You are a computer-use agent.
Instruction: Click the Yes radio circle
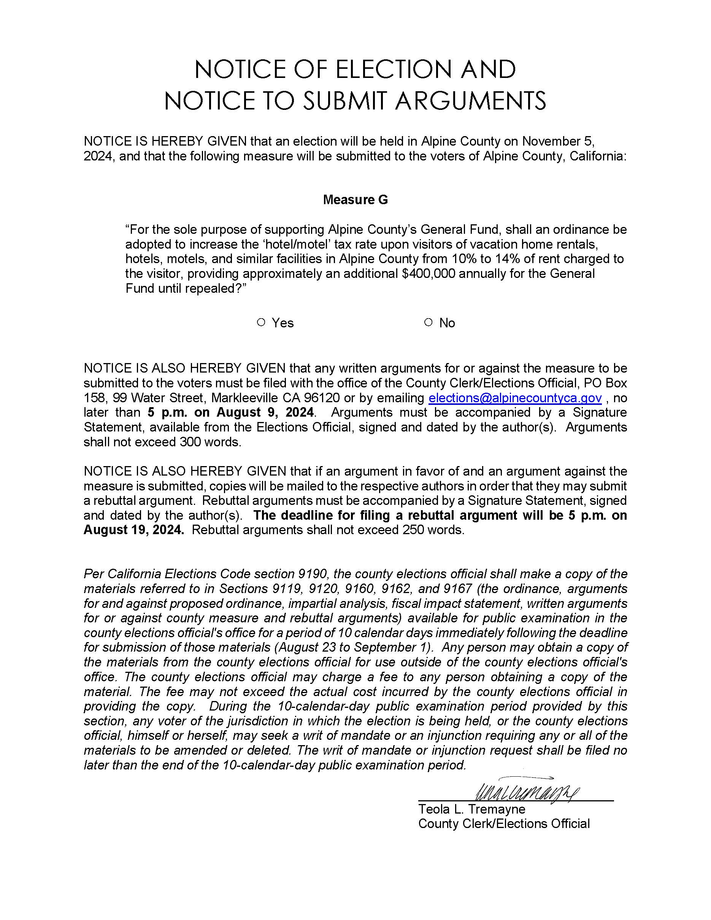[261, 323]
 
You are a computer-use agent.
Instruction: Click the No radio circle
[429, 323]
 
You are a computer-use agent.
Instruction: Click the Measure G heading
[355, 200]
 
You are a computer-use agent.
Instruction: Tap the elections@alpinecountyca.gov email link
[515, 398]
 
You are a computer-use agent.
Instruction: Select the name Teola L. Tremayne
[471, 809]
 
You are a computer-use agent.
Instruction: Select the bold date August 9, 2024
[265, 412]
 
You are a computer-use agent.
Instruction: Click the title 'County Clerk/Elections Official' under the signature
[503, 824]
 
